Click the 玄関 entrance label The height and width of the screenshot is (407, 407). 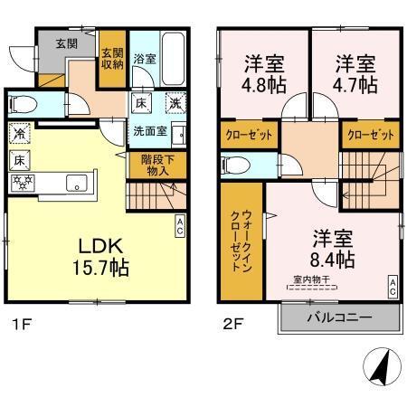66,43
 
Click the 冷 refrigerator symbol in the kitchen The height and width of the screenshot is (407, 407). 20,133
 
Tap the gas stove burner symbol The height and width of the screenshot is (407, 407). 20,182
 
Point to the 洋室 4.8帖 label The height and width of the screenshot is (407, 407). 263,75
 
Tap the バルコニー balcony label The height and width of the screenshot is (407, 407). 341,317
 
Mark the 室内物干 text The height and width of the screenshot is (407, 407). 310,279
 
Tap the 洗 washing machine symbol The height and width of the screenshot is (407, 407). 172,102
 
